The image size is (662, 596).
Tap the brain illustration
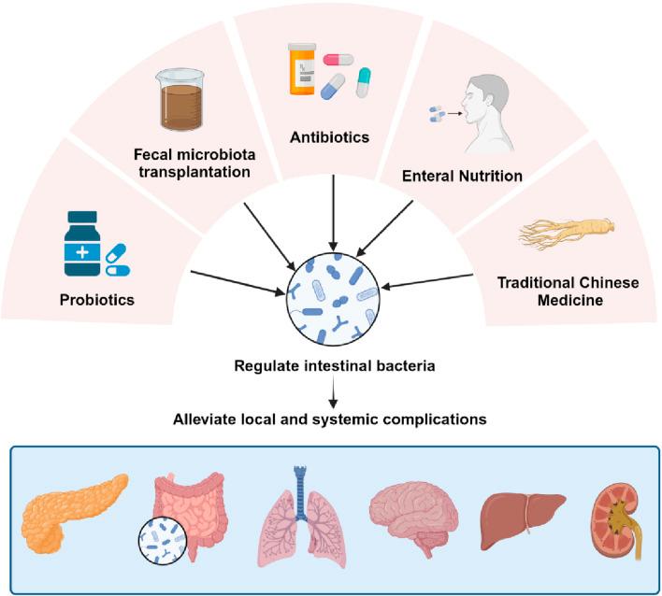pyautogui.click(x=413, y=513)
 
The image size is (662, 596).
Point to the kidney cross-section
pyautogui.click(x=617, y=521)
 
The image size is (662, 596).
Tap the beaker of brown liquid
pyautogui.click(x=182, y=100)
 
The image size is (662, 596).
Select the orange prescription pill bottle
pyautogui.click(x=302, y=69)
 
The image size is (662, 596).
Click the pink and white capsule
pyautogui.click(x=338, y=60)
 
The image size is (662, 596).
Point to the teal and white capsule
pyautogui.click(x=363, y=82)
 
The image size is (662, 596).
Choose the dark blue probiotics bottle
pyautogui.click(x=82, y=244)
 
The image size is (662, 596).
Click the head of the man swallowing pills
pyautogui.click(x=485, y=98)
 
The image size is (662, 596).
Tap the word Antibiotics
pyautogui.click(x=330, y=137)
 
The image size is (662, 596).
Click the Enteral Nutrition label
pyautogui.click(x=462, y=176)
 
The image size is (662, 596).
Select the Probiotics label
pyautogui.click(x=97, y=300)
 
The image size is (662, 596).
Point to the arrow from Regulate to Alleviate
pyautogui.click(x=334, y=391)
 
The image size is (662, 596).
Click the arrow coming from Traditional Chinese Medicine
pyautogui.click(x=426, y=281)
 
